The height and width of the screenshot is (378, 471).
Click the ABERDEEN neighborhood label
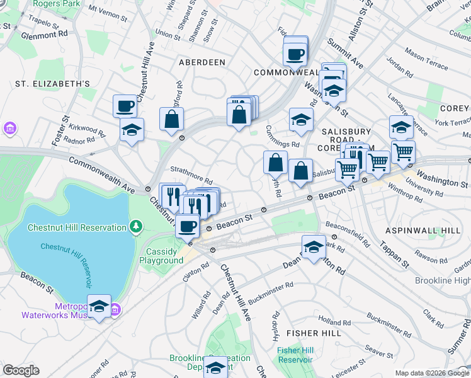[x=201, y=62]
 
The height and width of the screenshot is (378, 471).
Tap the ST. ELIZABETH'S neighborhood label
[x=53, y=83]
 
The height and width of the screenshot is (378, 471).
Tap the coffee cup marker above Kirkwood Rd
[x=125, y=106]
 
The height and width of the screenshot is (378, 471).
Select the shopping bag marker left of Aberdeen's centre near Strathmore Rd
[x=171, y=119]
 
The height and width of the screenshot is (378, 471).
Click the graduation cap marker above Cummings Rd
[x=302, y=119]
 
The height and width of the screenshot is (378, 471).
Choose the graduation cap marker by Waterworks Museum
[x=99, y=306]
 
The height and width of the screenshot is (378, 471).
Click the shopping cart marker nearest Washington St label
[x=403, y=152]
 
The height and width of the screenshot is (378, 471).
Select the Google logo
[x=21, y=370]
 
